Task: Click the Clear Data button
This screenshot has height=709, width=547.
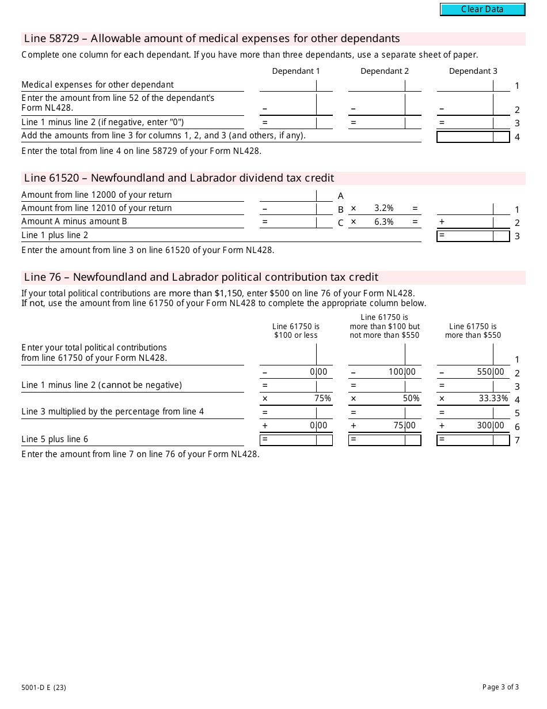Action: pyautogui.click(x=483, y=9)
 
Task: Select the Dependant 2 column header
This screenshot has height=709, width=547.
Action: pyautogui.click(x=385, y=71)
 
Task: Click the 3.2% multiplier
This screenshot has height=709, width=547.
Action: pyautogui.click(x=383, y=208)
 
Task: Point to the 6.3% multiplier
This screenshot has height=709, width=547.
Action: pyautogui.click(x=383, y=222)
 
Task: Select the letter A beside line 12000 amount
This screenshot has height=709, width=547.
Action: pyautogui.click(x=341, y=196)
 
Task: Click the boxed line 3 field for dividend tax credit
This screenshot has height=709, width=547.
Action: pyautogui.click(x=473, y=236)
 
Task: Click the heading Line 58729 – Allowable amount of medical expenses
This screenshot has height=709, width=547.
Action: pyautogui.click(x=212, y=39)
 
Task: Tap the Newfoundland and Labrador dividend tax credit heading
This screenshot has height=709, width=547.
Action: pyautogui.click(x=179, y=178)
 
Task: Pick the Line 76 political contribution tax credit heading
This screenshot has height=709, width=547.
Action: pyautogui.click(x=201, y=277)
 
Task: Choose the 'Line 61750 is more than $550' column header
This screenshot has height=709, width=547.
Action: pyautogui.click(x=473, y=331)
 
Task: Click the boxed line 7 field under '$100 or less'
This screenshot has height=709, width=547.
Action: pyautogui.click(x=296, y=440)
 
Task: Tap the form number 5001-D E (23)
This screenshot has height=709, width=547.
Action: pyautogui.click(x=44, y=687)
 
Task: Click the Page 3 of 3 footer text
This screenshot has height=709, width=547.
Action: pyautogui.click(x=500, y=687)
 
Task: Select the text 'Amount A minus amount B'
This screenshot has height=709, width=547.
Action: pyautogui.click(x=74, y=221)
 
